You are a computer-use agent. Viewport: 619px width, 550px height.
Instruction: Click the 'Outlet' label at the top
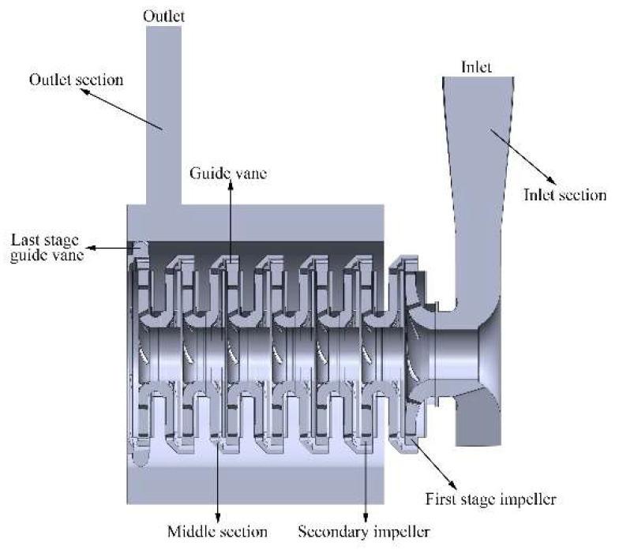click(x=164, y=16)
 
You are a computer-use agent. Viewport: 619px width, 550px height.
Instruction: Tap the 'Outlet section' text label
click(x=76, y=80)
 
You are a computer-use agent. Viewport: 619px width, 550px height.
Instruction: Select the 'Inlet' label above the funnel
click(x=477, y=66)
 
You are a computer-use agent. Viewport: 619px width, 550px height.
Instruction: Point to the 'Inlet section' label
click(x=565, y=195)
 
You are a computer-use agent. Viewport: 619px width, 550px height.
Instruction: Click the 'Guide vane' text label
click(x=228, y=173)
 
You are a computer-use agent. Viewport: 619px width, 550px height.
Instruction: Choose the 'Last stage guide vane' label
click(x=47, y=248)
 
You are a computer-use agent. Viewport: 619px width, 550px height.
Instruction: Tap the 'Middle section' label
click(x=218, y=532)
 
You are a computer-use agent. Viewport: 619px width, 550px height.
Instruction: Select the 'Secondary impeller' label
click(x=363, y=532)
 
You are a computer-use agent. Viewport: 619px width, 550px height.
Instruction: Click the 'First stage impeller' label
click(x=491, y=499)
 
